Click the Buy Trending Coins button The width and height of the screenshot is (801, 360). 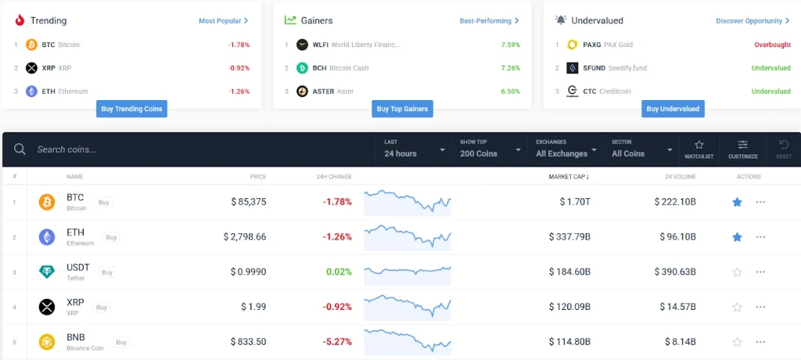pyautogui.click(x=132, y=109)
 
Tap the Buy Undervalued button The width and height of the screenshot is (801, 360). pyautogui.click(x=673, y=109)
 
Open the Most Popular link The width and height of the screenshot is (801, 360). pyautogui.click(x=223, y=21)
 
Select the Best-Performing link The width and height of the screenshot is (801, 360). pyautogui.click(x=489, y=21)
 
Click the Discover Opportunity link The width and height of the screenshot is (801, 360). pyautogui.click(x=752, y=21)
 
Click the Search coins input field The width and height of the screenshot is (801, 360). pyautogui.click(x=196, y=149)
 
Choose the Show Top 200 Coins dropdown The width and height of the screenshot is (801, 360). pyautogui.click(x=490, y=149)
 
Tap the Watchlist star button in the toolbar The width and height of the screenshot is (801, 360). pyautogui.click(x=699, y=149)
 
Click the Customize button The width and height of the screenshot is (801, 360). pyautogui.click(x=742, y=149)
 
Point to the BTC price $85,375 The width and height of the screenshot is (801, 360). pyautogui.click(x=249, y=202)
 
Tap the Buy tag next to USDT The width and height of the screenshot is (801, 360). pyautogui.click(x=107, y=272)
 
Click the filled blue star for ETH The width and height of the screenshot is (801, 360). pyautogui.click(x=736, y=236)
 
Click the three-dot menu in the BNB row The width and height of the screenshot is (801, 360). pyautogui.click(x=760, y=342)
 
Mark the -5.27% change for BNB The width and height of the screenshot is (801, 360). pyautogui.click(x=337, y=342)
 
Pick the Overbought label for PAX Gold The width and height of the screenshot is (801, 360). pyautogui.click(x=772, y=45)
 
